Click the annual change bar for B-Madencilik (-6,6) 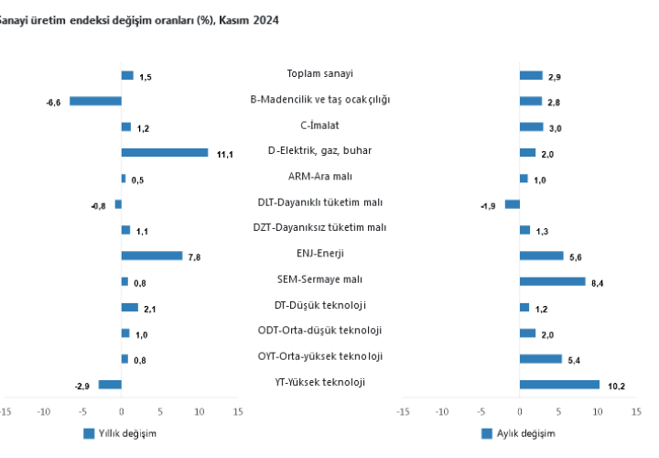(x=95, y=101)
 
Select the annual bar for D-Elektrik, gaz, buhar (x=165, y=152)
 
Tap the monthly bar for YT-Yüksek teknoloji (x=559, y=385)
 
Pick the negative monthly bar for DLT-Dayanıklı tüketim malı (x=512, y=204)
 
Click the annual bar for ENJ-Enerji (x=152, y=256)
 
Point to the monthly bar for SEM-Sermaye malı (x=552, y=281)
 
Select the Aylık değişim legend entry (x=519, y=433)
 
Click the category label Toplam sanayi (x=320, y=74)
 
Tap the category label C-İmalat (x=320, y=125)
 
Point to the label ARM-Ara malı (x=320, y=177)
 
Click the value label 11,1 (x=225, y=154)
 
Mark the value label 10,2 (x=616, y=387)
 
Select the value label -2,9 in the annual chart (x=81, y=387)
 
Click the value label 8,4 (x=598, y=284)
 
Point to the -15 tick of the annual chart (x=5, y=412)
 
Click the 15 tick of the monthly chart (x=636, y=412)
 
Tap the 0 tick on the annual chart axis (x=122, y=412)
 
